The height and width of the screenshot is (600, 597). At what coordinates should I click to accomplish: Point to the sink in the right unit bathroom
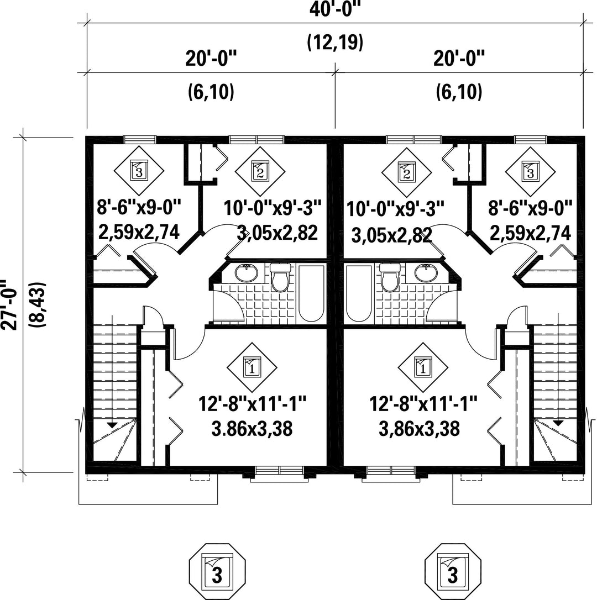[x=426, y=273]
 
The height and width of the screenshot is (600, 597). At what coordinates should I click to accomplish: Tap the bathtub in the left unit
[x=311, y=293]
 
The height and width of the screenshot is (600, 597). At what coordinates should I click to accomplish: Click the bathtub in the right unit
[x=359, y=293]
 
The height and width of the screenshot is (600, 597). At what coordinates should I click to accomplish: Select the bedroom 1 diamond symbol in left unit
[x=252, y=367]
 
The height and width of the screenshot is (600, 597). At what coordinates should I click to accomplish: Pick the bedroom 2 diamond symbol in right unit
[x=407, y=172]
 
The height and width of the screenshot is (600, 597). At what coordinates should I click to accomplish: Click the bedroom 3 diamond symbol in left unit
[x=139, y=171]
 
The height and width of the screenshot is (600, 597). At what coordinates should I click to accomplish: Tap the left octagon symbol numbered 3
[x=217, y=572]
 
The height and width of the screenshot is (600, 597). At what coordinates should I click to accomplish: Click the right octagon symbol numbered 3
[x=453, y=572]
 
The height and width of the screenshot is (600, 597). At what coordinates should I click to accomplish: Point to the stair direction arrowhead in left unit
[x=112, y=424]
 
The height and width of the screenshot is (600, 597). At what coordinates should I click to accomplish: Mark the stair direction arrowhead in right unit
[x=558, y=423]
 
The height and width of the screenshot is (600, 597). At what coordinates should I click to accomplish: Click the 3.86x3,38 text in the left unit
[x=252, y=429]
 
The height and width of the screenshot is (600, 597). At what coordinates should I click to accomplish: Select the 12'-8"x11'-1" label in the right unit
[x=423, y=404]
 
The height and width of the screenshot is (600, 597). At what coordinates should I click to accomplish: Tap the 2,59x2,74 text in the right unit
[x=530, y=233]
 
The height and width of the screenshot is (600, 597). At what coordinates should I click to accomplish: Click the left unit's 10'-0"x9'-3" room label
[x=273, y=208]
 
